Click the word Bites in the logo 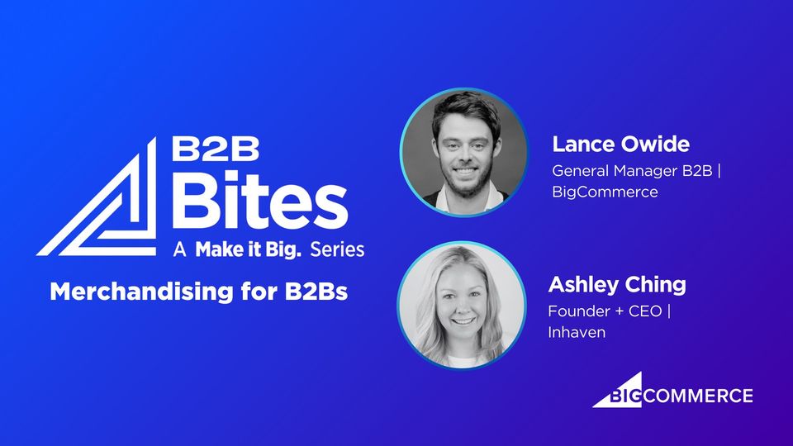(259, 200)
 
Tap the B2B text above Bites (216, 149)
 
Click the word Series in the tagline (337, 249)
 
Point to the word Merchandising (141, 292)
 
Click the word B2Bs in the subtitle (316, 292)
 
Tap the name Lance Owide (620, 144)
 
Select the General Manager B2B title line (636, 171)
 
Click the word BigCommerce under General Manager (605, 192)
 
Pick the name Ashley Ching (617, 285)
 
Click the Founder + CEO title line (610, 311)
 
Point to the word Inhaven (577, 332)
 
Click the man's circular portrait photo (463, 152)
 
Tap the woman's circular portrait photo (461, 306)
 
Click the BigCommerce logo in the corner (672, 390)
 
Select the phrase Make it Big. (248, 249)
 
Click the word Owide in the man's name (655, 144)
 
